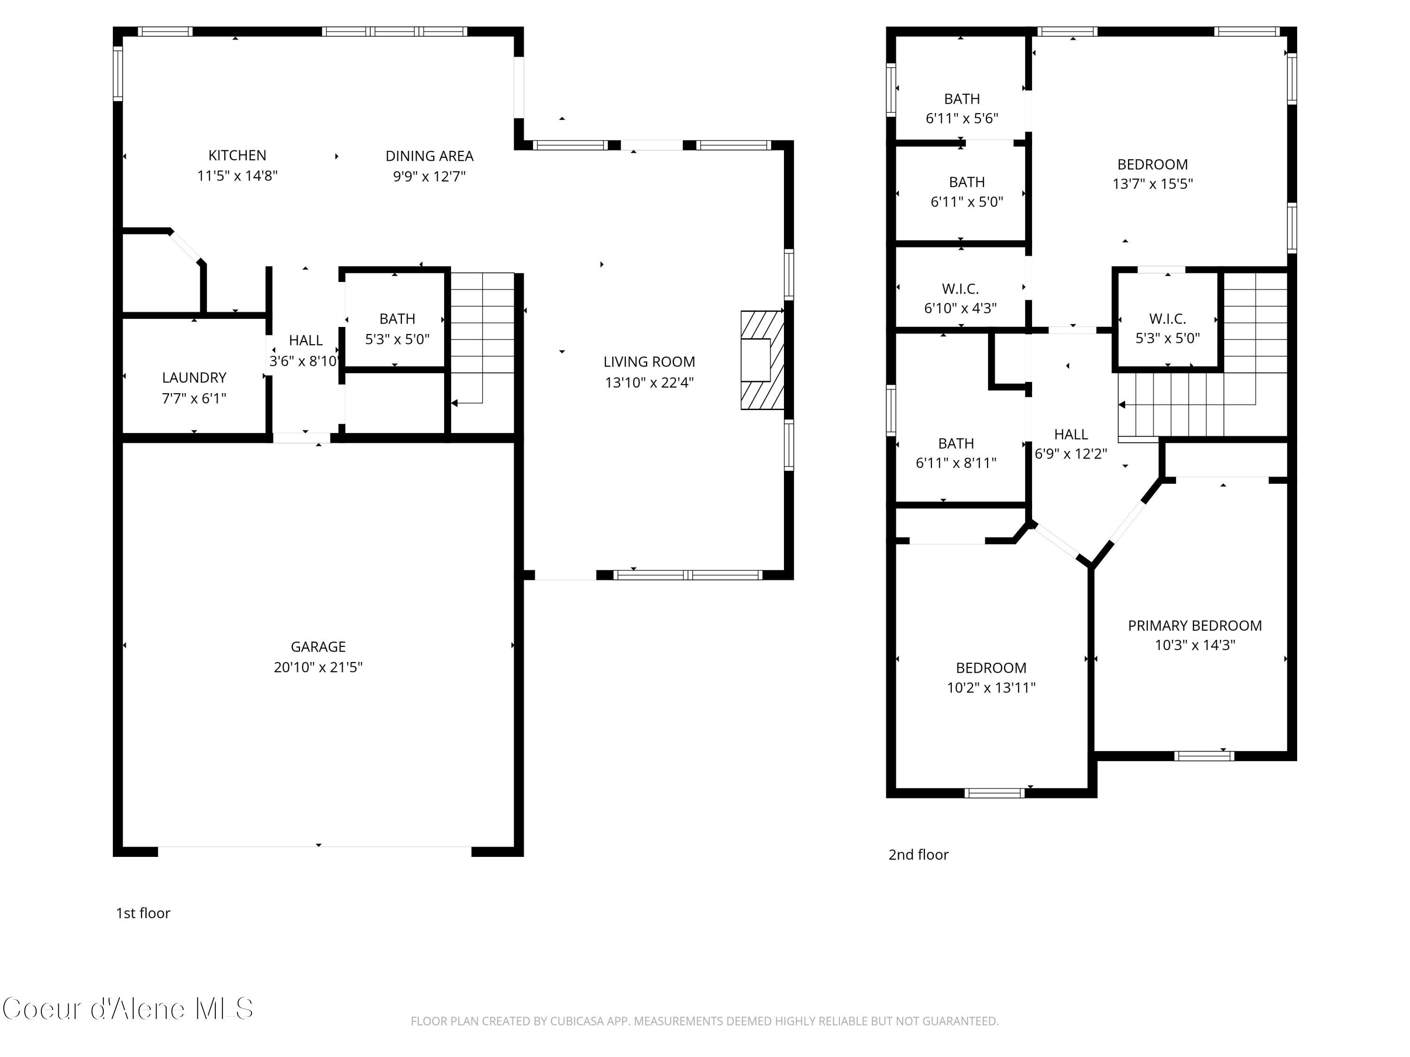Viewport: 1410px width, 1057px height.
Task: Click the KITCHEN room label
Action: coord(237,155)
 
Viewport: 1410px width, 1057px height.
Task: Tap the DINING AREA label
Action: coord(429,156)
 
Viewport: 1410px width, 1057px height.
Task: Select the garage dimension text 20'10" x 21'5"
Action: coord(318,667)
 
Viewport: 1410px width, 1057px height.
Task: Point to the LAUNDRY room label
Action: coord(194,378)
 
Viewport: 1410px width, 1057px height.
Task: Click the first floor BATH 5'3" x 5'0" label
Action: coord(397,319)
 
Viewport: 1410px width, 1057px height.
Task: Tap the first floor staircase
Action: coord(483,338)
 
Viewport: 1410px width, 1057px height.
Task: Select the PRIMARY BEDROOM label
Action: coord(1195,626)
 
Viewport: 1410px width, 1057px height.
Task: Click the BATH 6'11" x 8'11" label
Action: coord(956,443)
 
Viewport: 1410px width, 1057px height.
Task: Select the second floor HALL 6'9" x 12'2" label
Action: coord(1070,435)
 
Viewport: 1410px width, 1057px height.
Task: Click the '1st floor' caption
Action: coord(143,913)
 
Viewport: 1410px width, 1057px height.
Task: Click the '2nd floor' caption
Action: coord(918,855)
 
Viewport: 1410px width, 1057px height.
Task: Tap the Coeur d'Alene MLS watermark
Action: coord(127,1009)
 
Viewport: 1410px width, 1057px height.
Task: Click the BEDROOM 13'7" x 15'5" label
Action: coord(1152,164)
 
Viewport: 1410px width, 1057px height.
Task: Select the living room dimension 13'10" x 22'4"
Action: coord(649,382)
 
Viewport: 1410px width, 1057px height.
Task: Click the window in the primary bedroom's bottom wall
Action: coord(1204,756)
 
